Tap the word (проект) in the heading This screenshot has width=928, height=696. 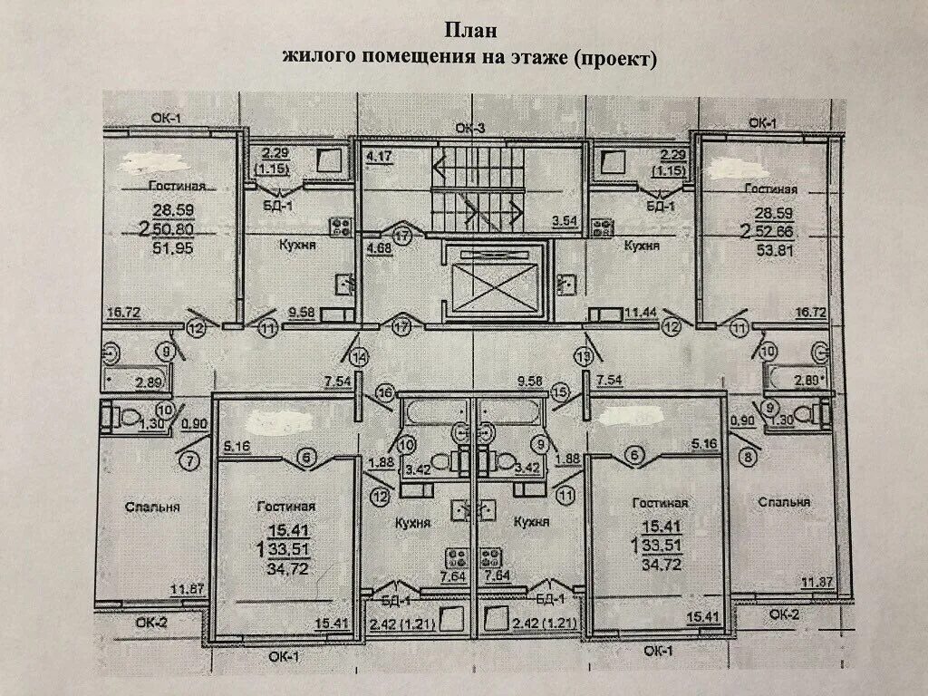[x=612, y=57]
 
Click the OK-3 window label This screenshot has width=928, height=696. [x=470, y=129]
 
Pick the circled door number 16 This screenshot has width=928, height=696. [x=384, y=392]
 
